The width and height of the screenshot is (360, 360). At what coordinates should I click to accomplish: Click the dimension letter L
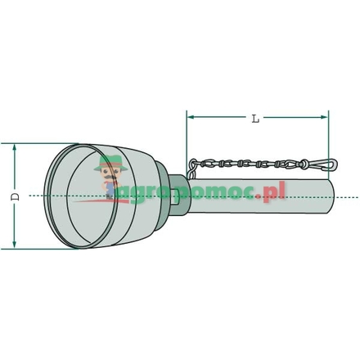click(256, 119)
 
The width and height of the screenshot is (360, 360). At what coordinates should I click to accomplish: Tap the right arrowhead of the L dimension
click(325, 118)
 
